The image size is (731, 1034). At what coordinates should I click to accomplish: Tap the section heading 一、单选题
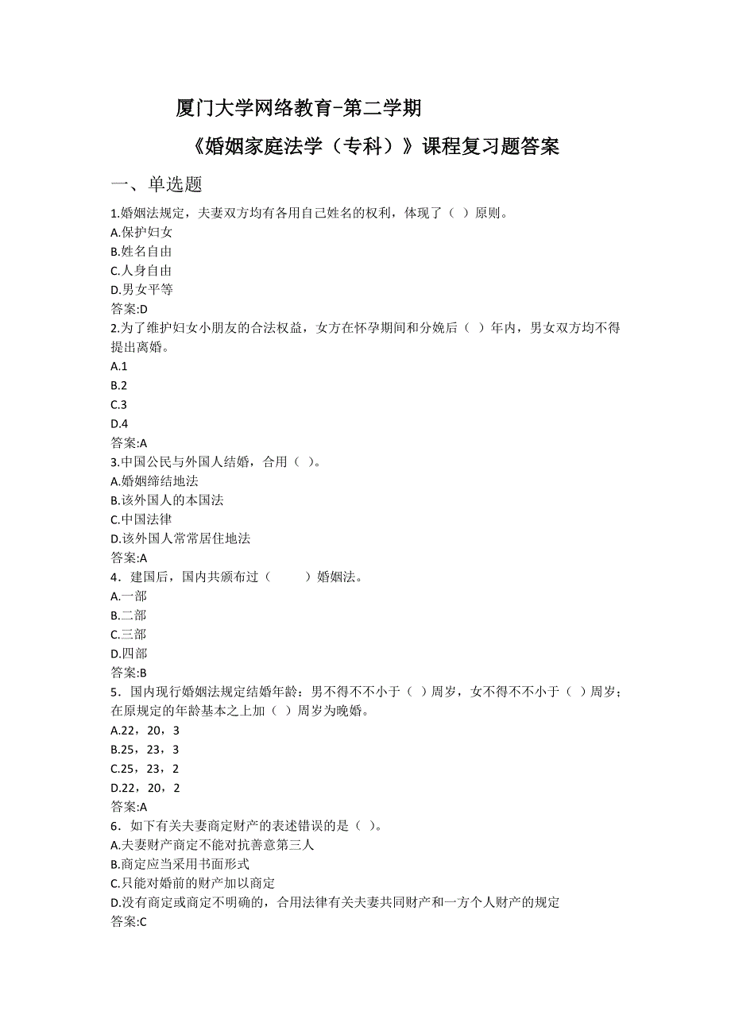tap(157, 184)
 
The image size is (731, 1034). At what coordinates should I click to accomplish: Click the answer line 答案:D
tap(130, 309)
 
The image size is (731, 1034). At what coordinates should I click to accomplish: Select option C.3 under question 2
tap(119, 404)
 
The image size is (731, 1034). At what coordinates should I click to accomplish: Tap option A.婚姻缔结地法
tap(154, 480)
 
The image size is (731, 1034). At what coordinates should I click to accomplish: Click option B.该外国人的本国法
tap(167, 500)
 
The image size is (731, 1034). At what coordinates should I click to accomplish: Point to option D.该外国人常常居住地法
tap(180, 538)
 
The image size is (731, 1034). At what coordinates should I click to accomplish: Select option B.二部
tap(129, 615)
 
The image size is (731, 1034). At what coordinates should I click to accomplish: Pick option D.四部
tap(129, 654)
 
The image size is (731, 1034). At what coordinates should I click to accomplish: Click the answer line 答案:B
tap(130, 673)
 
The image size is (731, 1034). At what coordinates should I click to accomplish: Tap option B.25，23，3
tap(145, 750)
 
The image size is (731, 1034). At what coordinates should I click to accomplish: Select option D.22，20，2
tap(145, 788)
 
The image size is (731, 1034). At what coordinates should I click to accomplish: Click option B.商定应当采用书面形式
tap(180, 864)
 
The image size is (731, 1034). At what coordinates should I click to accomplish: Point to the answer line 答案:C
tap(130, 922)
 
